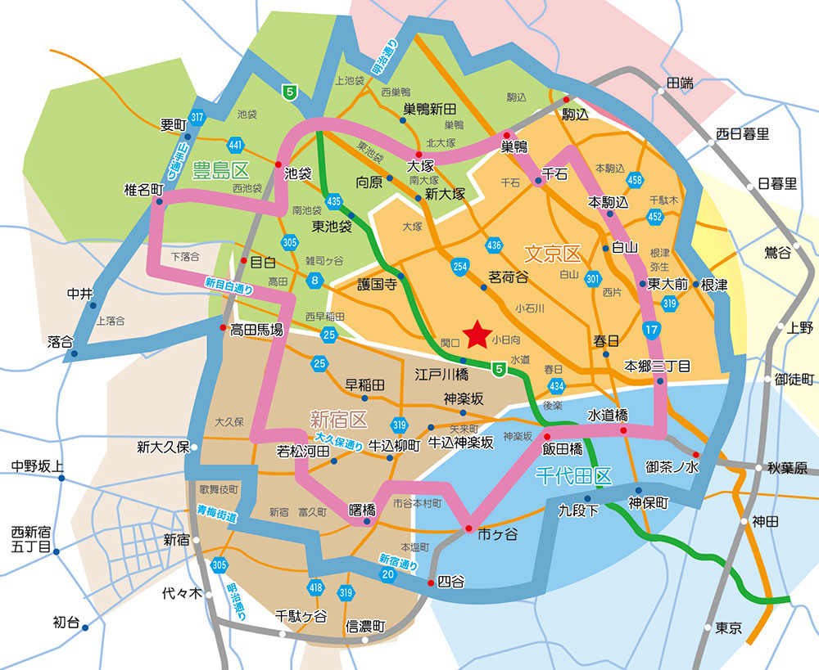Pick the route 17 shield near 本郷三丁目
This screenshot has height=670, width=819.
[651, 331]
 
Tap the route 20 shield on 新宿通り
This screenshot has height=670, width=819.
[388, 576]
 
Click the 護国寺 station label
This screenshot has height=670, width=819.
[377, 285]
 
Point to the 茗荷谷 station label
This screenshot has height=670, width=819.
[508, 277]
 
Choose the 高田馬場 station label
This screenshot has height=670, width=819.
[256, 330]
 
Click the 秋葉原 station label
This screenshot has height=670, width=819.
[787, 469]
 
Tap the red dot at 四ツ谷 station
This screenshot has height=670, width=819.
[432, 582]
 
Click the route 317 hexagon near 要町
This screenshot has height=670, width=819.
[196, 117]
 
